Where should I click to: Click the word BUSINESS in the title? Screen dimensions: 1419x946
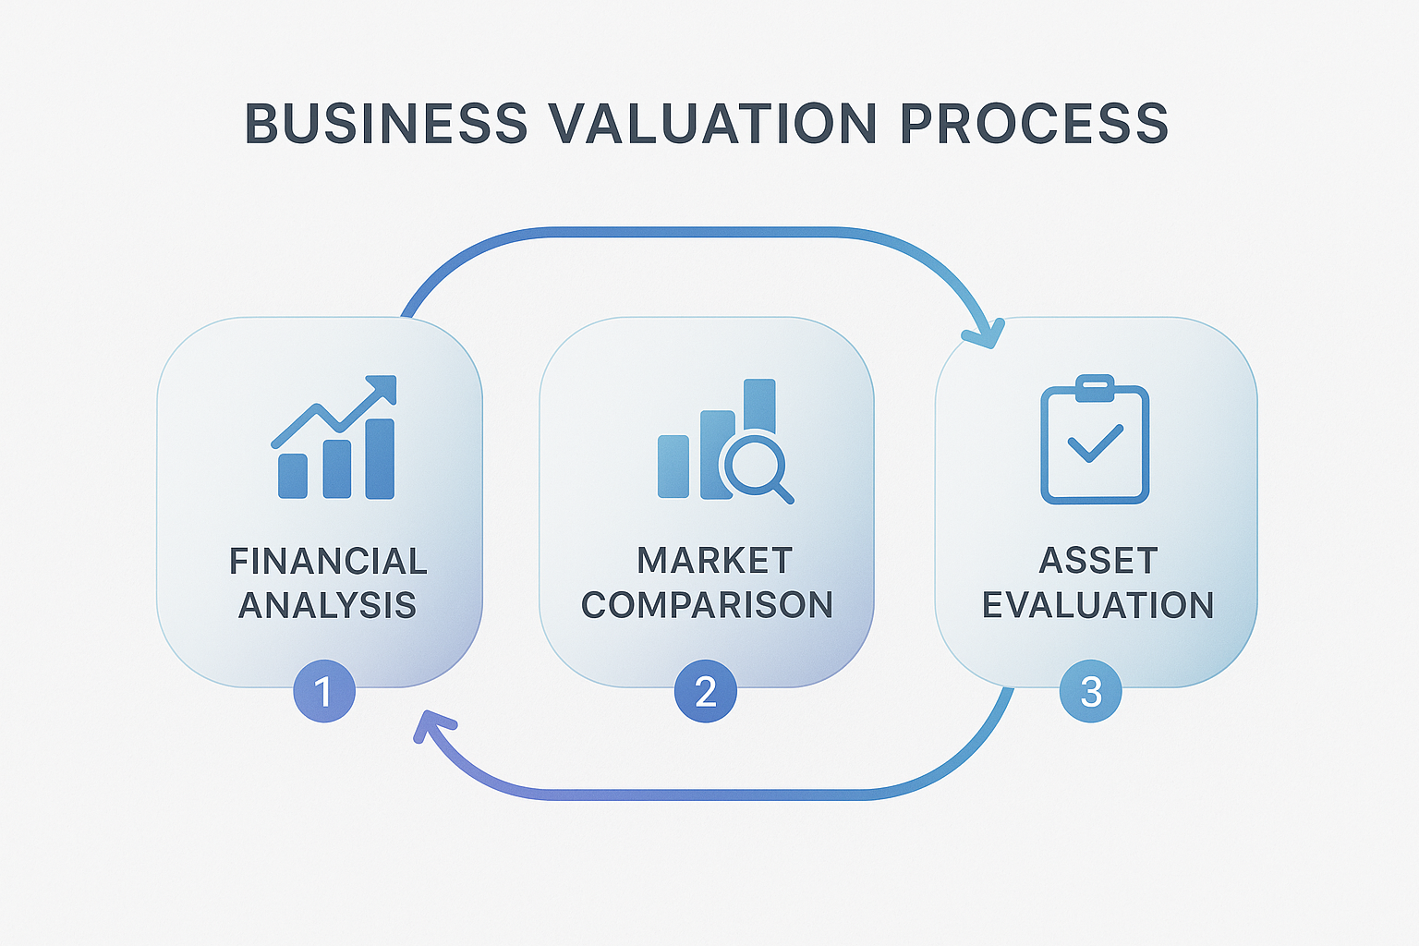click(385, 124)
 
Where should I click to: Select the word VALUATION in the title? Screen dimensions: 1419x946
click(712, 124)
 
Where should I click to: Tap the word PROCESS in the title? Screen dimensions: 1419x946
click(1034, 124)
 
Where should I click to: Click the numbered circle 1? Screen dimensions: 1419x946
click(323, 691)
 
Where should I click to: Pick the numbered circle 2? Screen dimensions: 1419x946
click(706, 691)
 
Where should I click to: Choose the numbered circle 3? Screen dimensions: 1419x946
click(1091, 691)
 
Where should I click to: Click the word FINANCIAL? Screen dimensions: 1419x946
click(328, 562)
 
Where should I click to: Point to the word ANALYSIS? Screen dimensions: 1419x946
click(328, 605)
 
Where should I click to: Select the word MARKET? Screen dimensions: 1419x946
click(714, 561)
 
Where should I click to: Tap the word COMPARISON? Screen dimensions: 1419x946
click(707, 605)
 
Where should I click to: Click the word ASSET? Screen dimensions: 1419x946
click(1098, 561)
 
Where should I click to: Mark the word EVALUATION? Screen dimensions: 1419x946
click(1098, 605)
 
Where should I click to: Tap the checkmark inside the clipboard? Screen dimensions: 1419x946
click(1095, 443)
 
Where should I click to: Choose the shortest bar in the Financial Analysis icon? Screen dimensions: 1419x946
click(293, 476)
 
